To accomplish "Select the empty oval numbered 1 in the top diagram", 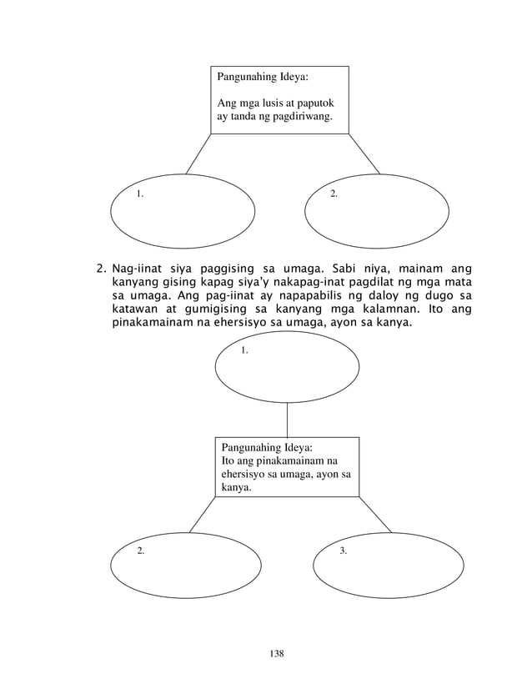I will click(x=183, y=212).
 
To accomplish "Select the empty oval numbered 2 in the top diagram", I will click(x=377, y=212).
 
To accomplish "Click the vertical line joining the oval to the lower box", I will click(x=288, y=419).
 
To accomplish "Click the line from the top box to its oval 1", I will click(x=198, y=154).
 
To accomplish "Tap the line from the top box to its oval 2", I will click(x=364, y=154).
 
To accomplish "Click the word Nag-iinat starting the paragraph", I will click(x=138, y=269).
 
